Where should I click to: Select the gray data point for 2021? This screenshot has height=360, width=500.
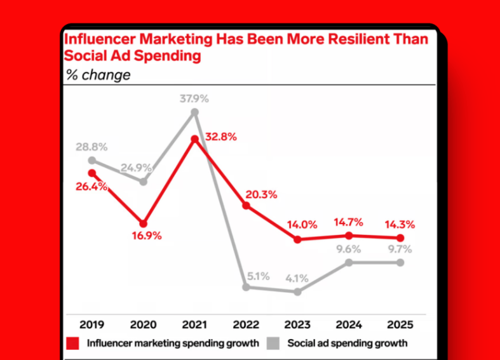pos(195,112)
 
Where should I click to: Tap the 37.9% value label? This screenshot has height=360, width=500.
pos(194,98)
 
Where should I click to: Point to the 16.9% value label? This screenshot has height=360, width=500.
pos(146,236)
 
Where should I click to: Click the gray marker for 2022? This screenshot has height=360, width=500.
pos(247,287)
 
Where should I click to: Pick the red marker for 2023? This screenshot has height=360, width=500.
pos(297,239)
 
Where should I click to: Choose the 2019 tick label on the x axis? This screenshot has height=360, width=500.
pos(92,324)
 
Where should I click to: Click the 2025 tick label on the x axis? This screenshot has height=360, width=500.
pos(400,324)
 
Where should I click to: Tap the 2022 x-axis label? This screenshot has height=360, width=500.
pos(247,324)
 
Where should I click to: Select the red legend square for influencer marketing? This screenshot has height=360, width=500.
pos(73,343)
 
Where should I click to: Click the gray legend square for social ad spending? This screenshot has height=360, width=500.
pos(274,343)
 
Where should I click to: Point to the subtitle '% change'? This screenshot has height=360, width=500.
pos(98,75)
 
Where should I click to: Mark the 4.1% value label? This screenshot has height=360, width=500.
pos(297,277)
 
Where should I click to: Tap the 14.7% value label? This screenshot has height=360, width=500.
pos(348,222)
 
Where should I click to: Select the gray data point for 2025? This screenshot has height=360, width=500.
pos(400,262)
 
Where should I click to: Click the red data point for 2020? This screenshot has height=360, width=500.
pos(144,223)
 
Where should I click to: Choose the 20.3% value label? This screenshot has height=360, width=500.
pos(261,195)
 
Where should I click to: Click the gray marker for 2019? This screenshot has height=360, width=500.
pos(92,161)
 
